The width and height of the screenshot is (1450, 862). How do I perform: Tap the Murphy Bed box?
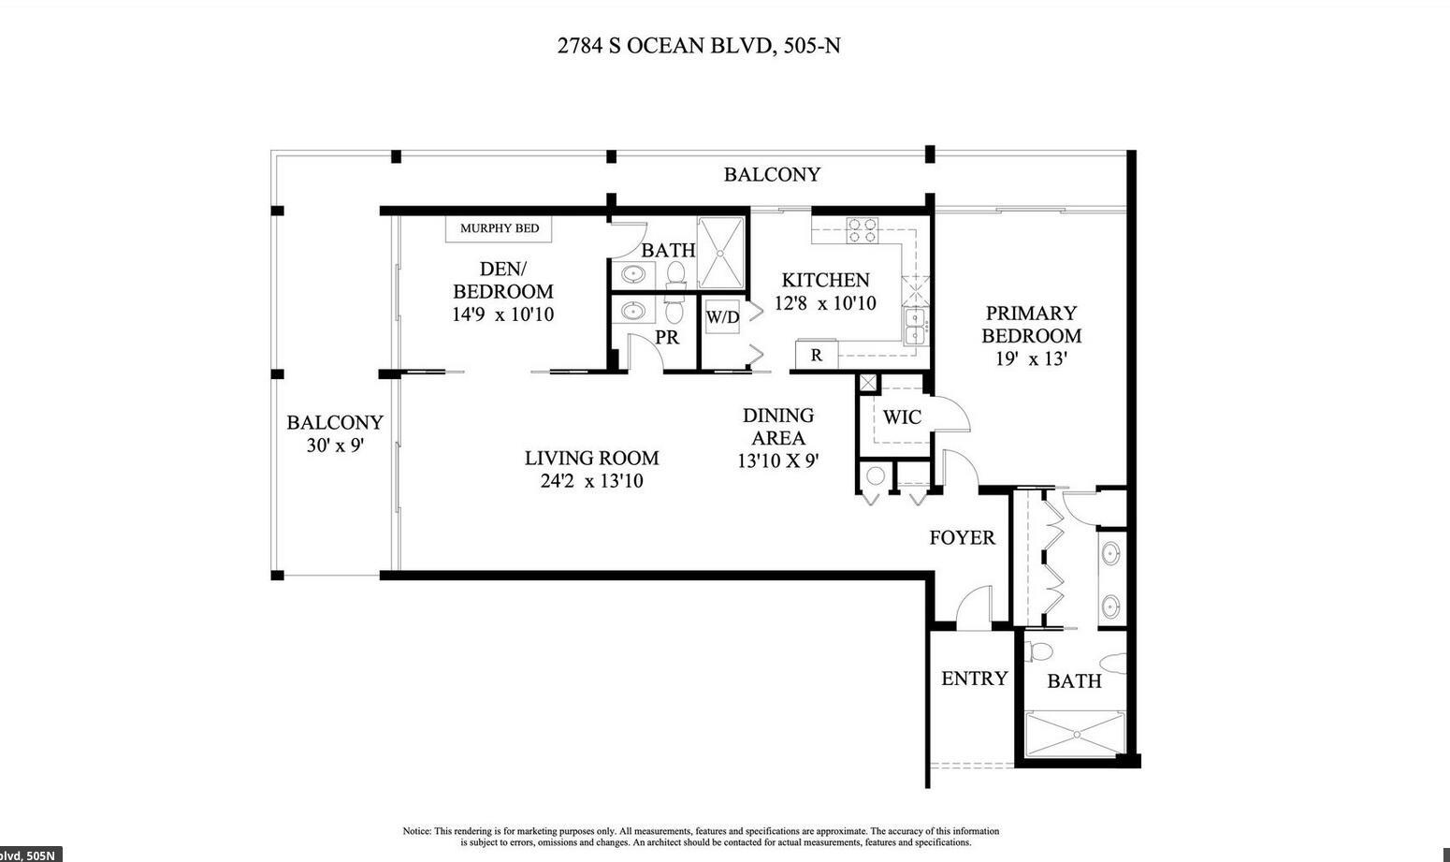coord(499,228)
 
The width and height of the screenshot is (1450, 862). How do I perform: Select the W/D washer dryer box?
coord(722,317)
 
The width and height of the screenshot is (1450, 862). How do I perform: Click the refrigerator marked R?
coord(816,356)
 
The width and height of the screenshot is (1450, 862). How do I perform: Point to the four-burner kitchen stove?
coord(862,230)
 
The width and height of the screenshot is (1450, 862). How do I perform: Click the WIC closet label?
coord(902,417)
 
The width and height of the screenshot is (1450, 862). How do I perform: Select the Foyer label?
coord(962,538)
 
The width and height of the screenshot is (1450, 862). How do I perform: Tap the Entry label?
coord(974,679)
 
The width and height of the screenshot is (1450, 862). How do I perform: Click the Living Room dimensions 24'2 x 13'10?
coord(590,482)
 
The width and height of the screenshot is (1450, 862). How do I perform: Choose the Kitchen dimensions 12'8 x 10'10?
coord(825,303)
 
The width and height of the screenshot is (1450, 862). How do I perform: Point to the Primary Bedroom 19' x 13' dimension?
coord(1031,358)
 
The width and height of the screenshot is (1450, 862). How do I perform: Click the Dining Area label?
coord(777,426)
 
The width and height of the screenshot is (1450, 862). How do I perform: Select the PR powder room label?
coord(667,338)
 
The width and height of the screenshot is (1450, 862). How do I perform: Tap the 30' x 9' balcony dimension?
coord(334,446)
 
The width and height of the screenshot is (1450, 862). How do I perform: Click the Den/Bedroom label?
coord(502,279)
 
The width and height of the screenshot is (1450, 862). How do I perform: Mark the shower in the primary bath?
coord(1074,735)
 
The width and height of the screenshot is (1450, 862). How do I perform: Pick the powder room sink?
coord(633,311)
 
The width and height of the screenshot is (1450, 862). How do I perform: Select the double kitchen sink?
coord(914,327)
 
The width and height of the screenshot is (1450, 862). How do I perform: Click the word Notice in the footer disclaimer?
coord(416,831)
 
